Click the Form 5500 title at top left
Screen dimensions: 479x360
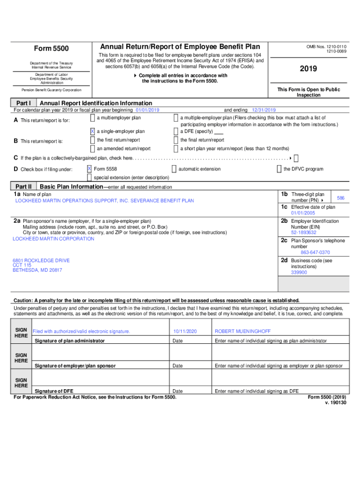[51, 49]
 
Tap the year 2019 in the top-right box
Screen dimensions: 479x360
[308, 69]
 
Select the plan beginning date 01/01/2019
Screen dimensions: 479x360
[147, 110]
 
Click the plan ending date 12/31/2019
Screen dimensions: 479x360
[264, 110]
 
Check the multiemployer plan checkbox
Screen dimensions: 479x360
[92, 118]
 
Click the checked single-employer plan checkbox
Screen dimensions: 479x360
[92, 131]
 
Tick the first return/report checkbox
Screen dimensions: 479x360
[92, 140]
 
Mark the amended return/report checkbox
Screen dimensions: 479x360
[92, 148]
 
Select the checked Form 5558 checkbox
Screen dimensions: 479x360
[89, 168]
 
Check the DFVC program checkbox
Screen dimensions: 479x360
[279, 168]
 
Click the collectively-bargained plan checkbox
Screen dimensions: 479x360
[296, 158]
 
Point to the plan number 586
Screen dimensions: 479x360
[341, 198]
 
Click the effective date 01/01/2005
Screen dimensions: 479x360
[302, 213]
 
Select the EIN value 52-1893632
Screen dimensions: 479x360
[303, 232]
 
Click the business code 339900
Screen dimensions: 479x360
[299, 272]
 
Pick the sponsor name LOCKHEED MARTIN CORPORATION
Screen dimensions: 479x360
[53, 239]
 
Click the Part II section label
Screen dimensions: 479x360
[23, 186]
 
